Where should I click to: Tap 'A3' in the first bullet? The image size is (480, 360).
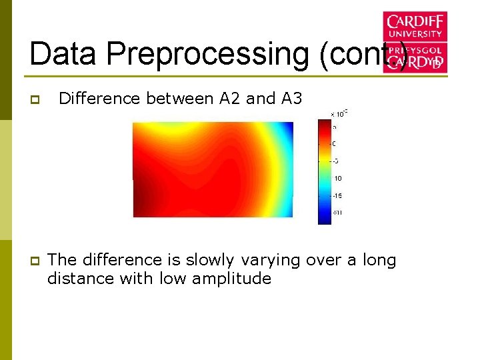click(x=292, y=99)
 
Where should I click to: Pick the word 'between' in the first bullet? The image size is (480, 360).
click(x=177, y=99)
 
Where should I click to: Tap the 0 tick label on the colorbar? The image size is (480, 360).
click(x=334, y=143)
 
